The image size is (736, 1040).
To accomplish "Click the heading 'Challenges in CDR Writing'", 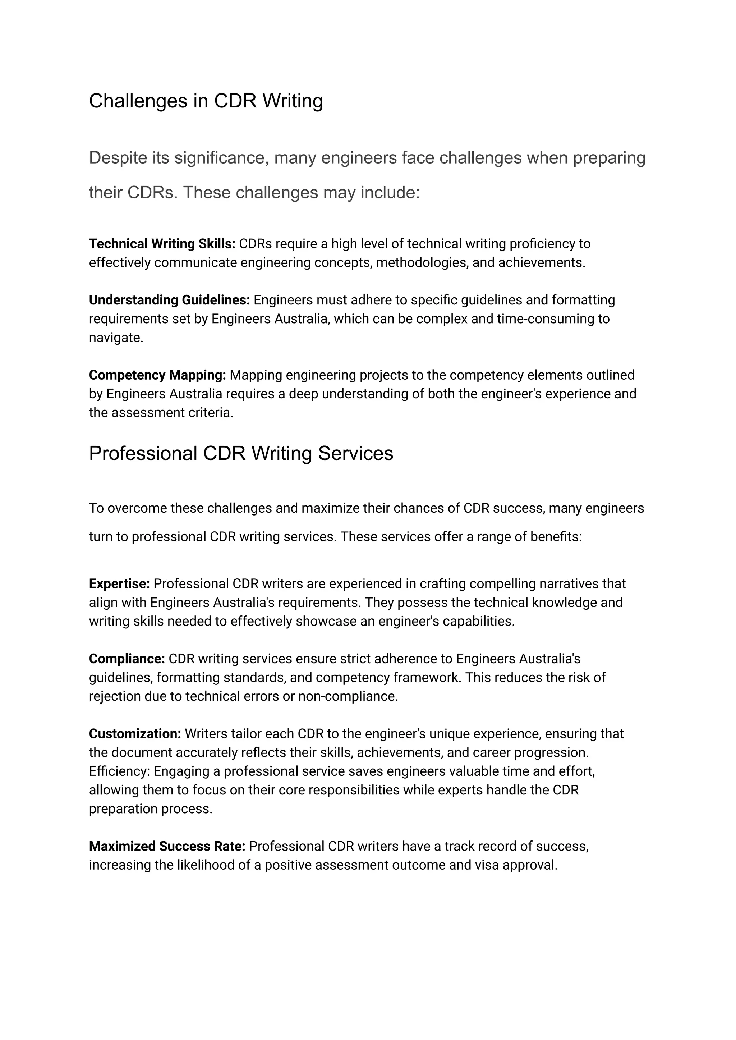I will click(x=206, y=101).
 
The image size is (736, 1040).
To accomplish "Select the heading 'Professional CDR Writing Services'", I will click(x=241, y=453).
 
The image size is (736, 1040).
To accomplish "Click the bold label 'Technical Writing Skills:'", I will click(x=162, y=244).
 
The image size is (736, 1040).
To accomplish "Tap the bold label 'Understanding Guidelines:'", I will click(x=169, y=300).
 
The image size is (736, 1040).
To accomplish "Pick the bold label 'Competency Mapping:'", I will click(x=157, y=375).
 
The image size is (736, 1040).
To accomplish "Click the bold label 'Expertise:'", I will click(x=119, y=583).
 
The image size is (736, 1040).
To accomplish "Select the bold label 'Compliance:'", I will click(x=127, y=658).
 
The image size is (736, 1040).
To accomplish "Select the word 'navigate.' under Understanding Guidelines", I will click(x=116, y=338).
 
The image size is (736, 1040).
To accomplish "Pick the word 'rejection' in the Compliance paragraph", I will click(x=115, y=696).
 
